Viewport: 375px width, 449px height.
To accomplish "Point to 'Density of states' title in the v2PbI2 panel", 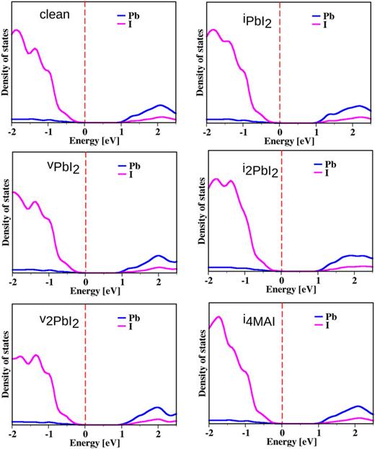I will pyautogui.click(x=6, y=371).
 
